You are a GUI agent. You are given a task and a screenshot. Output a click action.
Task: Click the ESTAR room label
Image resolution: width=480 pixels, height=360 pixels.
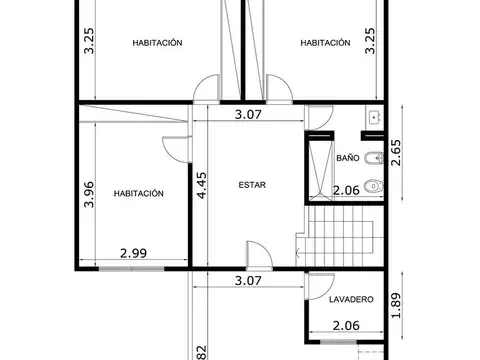click(251, 183)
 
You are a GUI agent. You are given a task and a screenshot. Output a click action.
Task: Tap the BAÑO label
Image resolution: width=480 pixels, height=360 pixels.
click(347, 158)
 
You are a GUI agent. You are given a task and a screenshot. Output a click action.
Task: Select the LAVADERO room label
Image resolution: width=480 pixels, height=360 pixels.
click(351, 299)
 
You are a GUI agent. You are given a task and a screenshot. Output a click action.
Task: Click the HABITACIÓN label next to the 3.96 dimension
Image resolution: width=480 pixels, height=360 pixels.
click(138, 194)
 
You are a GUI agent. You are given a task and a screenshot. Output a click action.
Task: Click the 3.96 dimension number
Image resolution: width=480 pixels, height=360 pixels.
click(89, 193)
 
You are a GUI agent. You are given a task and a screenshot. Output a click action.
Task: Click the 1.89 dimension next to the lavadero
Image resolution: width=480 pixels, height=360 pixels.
click(397, 303)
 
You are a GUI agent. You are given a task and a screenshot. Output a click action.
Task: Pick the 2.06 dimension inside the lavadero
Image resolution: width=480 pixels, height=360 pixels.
click(345, 325)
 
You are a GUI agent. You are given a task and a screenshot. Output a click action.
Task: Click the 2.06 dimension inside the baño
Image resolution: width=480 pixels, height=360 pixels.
click(345, 190)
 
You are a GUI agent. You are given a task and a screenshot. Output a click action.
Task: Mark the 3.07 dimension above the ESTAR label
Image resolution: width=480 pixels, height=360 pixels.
click(247, 114)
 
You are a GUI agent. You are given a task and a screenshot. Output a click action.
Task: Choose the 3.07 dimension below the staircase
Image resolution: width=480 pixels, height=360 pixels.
click(247, 281)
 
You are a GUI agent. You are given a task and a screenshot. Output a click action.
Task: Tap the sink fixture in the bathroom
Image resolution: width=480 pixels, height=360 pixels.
click(374, 117)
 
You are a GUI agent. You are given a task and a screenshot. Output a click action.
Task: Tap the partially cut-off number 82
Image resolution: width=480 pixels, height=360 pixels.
click(201, 351)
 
